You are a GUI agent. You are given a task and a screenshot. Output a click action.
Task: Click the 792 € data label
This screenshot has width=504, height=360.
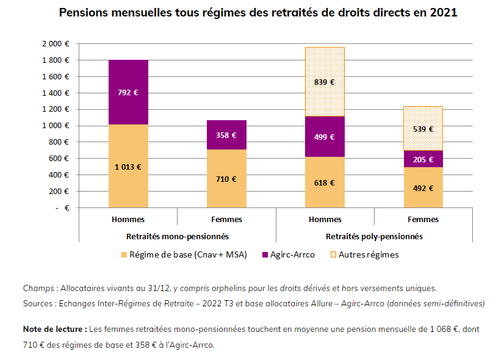(x=128, y=93)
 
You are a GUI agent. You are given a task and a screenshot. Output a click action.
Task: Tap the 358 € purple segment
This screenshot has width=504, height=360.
(x=226, y=135)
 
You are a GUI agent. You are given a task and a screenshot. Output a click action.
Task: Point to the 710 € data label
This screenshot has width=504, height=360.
(x=226, y=179)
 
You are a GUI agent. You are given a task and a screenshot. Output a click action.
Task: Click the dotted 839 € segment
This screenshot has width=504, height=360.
(x=324, y=82)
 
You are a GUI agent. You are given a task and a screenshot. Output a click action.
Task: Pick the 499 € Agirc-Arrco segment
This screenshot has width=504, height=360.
(x=324, y=137)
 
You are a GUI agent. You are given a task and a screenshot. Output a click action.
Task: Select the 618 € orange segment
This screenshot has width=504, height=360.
(x=324, y=182)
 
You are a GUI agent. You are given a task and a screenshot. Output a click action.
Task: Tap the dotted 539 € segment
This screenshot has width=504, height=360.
(x=422, y=129)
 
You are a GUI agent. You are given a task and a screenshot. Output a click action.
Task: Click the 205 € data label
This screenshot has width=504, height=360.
(x=422, y=159)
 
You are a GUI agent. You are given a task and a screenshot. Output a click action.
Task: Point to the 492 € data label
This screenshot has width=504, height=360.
(x=422, y=188)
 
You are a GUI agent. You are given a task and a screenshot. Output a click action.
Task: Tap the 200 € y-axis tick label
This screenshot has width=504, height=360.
(x=59, y=191)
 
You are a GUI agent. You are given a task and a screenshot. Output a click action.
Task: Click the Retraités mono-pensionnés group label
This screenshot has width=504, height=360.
(x=178, y=236)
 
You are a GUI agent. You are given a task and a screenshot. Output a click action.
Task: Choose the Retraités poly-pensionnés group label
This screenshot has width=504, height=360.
(x=374, y=236)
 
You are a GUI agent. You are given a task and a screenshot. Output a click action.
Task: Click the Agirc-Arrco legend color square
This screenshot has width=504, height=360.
(x=264, y=254)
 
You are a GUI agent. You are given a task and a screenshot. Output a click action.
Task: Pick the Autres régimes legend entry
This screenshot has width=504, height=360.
(x=369, y=254)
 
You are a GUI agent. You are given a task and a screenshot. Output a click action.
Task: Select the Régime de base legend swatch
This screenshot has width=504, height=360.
(x=124, y=254)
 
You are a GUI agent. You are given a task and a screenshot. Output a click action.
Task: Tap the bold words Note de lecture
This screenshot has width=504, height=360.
(x=54, y=329)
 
